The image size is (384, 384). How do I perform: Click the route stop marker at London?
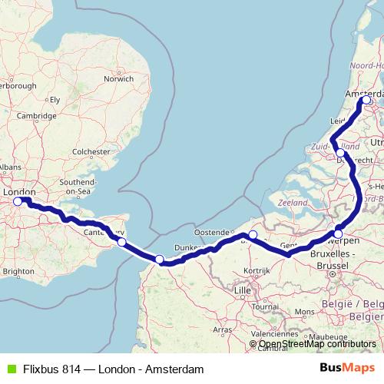click(18, 202)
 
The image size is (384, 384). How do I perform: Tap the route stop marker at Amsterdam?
click(366, 100)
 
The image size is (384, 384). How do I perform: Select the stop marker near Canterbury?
click(121, 242)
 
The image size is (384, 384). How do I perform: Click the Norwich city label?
click(119, 78)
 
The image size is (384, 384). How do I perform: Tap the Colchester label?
click(91, 152)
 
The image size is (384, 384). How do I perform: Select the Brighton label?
click(18, 271)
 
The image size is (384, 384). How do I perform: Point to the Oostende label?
click(213, 231)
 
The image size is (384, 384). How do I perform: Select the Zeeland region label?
click(293, 202)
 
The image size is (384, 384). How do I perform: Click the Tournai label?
click(265, 305)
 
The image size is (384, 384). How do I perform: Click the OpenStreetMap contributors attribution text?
click(316, 344)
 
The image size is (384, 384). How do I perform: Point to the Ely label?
click(55, 100)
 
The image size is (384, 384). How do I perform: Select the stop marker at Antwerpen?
click(338, 234)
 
